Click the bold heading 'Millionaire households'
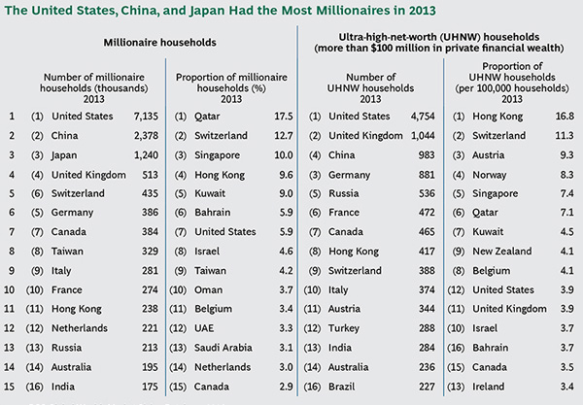159,43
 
